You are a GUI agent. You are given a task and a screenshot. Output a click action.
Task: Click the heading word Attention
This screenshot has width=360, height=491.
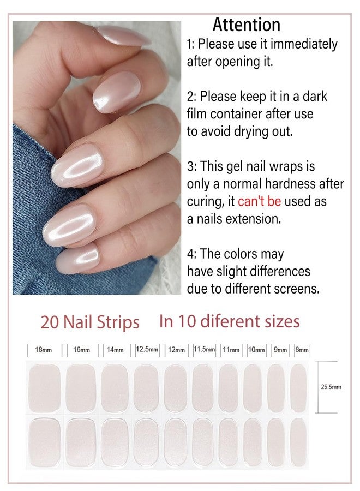tap(247, 25)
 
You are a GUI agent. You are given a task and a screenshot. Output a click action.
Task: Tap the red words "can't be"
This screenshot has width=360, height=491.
tap(259, 201)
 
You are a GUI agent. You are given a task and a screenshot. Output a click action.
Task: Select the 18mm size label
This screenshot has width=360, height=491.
tap(44, 350)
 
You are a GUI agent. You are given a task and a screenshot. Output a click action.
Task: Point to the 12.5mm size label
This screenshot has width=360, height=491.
tap(147, 349)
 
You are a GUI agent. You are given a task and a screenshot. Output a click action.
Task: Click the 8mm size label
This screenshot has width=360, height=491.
tap(302, 349)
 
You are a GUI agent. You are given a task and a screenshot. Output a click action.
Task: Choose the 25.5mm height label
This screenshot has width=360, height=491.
tap(331, 387)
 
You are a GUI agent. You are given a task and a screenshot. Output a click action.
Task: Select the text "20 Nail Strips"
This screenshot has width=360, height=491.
tap(90, 322)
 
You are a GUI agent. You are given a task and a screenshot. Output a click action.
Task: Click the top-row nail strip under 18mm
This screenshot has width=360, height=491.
tap(44, 388)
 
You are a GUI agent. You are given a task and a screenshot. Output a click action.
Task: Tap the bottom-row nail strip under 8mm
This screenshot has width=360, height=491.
tap(298, 442)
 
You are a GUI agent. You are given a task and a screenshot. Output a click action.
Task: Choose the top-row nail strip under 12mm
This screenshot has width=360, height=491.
tap(175, 388)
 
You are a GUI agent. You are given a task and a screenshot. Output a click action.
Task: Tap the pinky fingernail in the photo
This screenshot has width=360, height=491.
tap(77, 259)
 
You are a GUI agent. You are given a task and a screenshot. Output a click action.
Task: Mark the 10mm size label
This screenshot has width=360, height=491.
tap(256, 349)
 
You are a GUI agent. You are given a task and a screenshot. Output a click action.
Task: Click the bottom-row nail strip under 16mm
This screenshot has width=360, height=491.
tap(81, 442)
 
